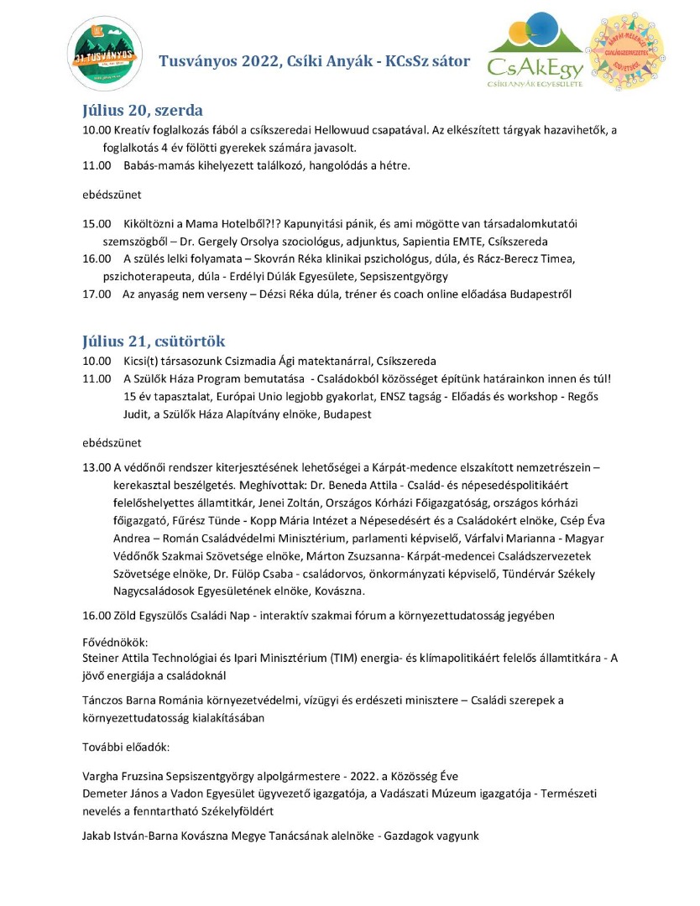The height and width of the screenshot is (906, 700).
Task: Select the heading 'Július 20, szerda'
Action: click(x=143, y=111)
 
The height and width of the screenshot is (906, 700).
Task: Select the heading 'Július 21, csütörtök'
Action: click(x=154, y=341)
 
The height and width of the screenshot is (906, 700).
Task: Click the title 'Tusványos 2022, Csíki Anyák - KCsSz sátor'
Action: click(x=315, y=61)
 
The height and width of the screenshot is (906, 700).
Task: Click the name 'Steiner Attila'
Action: click(x=119, y=659)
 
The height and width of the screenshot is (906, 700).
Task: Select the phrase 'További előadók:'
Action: click(x=127, y=745)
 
